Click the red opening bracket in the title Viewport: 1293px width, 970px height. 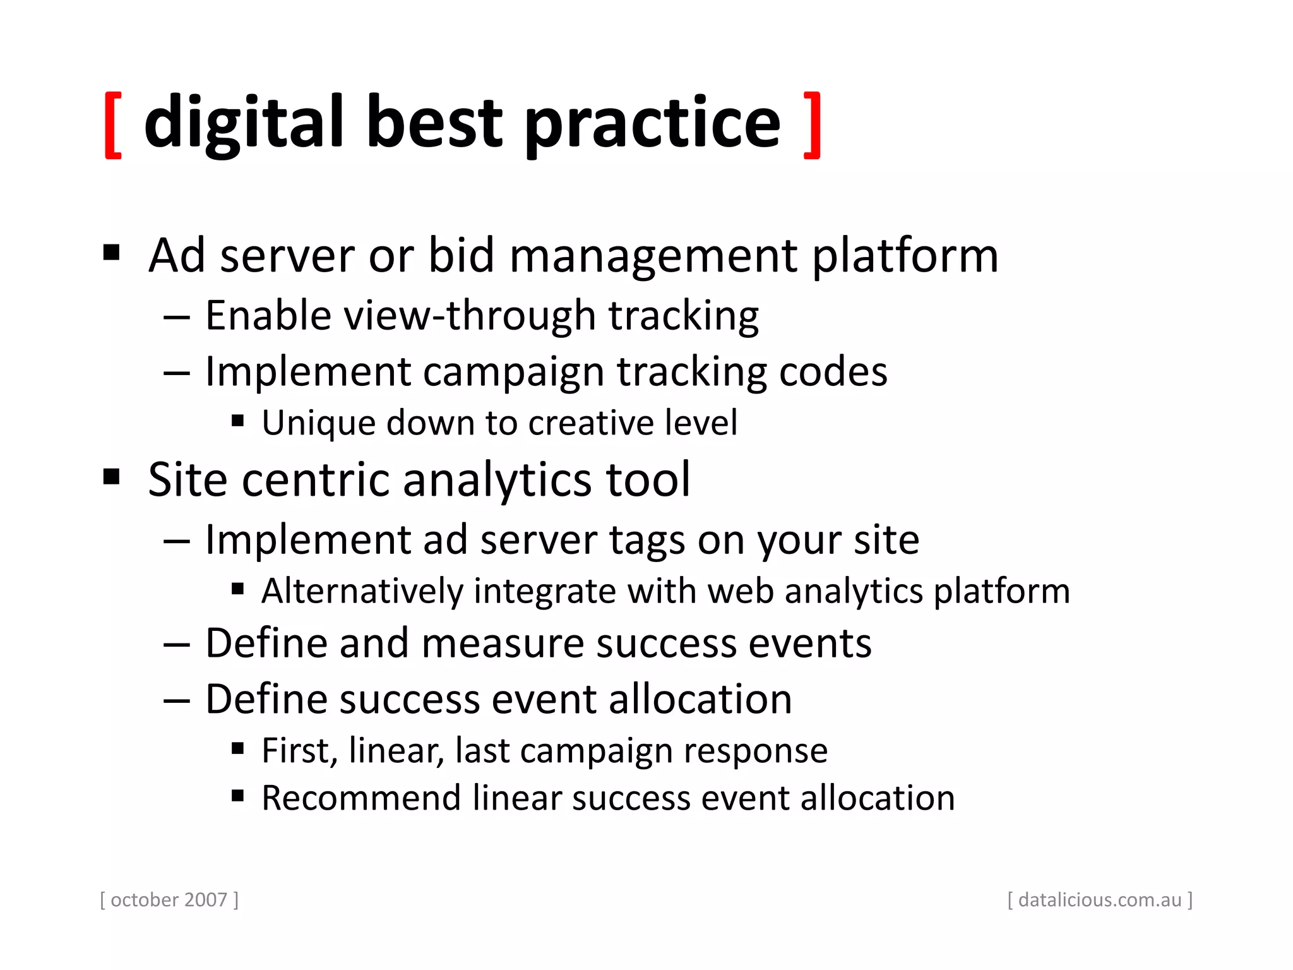113,125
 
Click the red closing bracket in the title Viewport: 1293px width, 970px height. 813,125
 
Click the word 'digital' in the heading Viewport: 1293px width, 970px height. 244,123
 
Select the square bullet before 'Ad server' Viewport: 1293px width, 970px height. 112,253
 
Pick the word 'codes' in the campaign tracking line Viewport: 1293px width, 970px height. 833,372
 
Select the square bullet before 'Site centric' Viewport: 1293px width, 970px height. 112,477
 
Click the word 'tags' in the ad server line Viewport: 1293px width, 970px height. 646,542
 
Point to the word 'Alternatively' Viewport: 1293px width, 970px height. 362,592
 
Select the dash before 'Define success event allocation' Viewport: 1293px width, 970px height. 177,700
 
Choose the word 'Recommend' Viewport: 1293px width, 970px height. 361,798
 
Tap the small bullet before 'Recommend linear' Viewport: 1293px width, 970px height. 238,796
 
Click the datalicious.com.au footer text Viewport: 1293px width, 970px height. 1099,899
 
